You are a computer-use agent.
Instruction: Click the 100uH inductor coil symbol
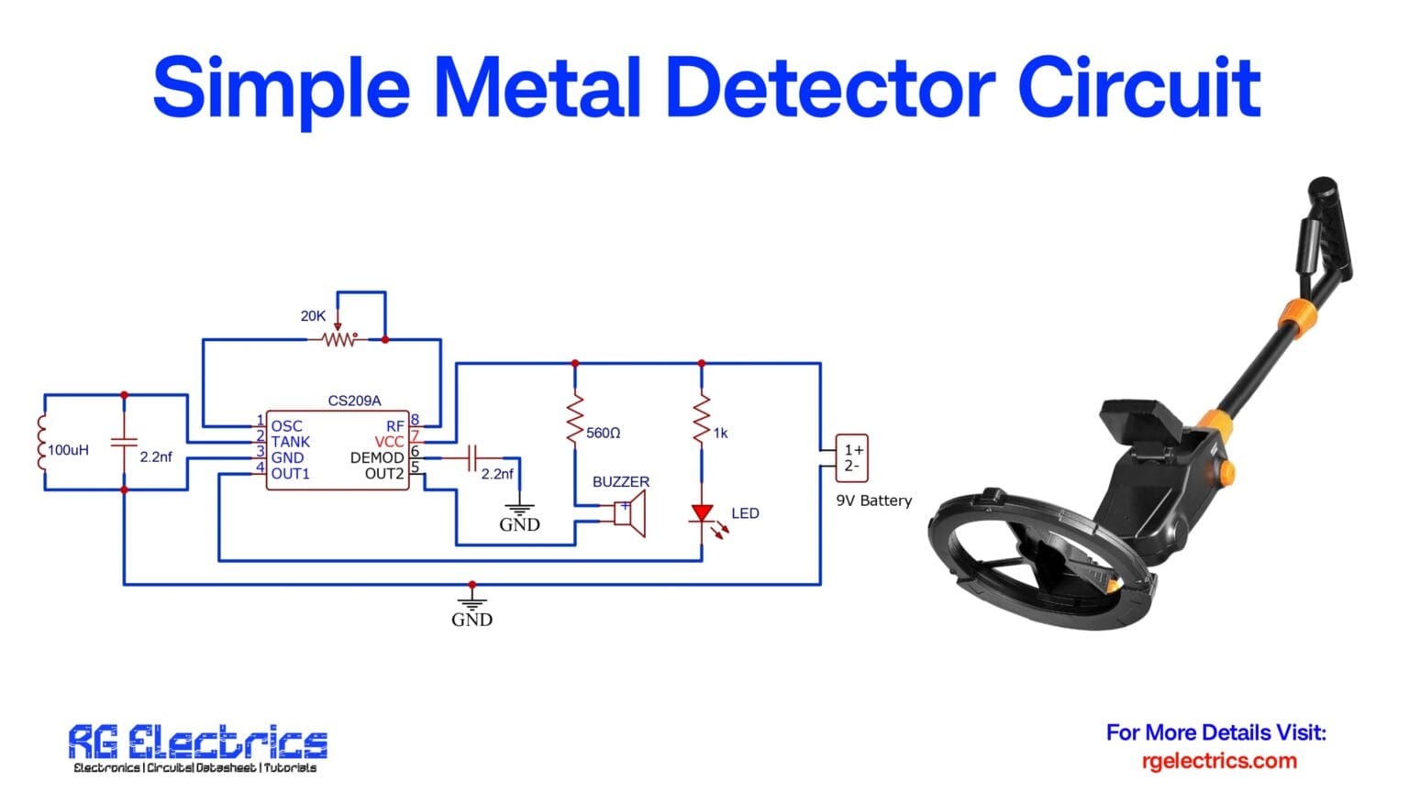(41, 444)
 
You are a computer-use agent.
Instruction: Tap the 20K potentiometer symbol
(338, 339)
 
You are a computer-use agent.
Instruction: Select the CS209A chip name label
(354, 401)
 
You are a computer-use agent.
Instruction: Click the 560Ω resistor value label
(604, 433)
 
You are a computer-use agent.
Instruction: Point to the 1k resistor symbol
(702, 419)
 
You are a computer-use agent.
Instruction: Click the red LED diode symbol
(702, 513)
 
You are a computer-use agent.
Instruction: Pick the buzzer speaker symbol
(630, 513)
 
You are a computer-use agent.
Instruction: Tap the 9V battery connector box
(851, 457)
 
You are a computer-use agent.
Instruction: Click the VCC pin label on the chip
(389, 442)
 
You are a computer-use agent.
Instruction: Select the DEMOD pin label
(376, 457)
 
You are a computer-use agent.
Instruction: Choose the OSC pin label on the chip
(286, 426)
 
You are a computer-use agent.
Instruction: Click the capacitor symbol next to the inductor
(124, 443)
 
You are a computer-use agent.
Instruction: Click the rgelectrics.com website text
(1219, 761)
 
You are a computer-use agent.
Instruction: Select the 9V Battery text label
(873, 500)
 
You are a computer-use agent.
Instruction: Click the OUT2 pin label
(384, 474)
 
